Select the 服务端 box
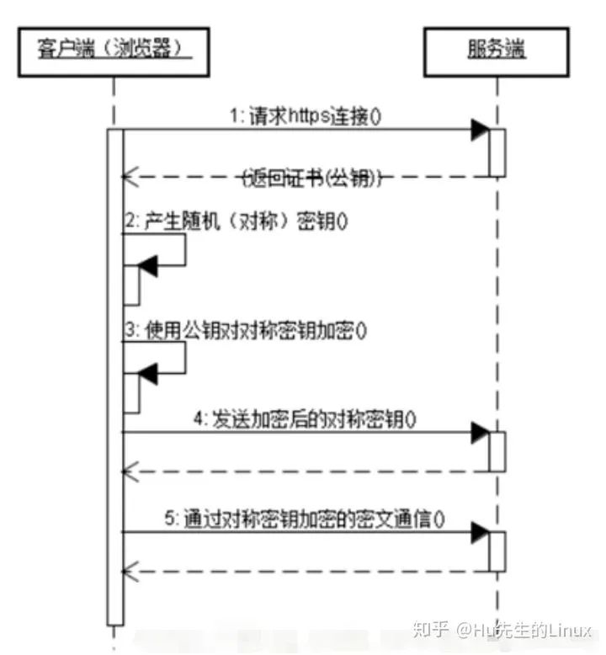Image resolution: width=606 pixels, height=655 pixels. [497, 51]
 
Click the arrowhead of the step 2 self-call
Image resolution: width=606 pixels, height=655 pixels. [148, 266]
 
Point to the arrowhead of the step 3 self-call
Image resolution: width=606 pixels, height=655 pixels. [148, 373]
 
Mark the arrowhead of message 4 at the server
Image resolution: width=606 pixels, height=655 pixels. [481, 433]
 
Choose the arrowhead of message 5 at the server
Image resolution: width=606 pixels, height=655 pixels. [481, 532]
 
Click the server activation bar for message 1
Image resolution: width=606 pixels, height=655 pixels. [497, 152]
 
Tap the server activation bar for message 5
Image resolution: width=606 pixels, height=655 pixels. [497, 551]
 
